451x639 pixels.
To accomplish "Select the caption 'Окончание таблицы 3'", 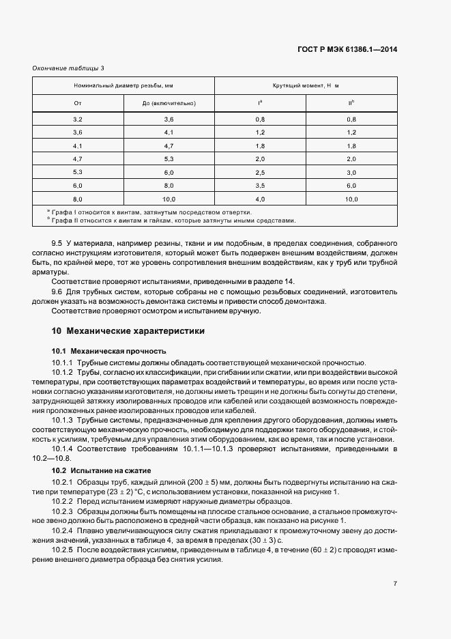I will [x=69, y=68].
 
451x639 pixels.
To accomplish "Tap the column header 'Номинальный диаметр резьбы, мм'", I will [x=123, y=86].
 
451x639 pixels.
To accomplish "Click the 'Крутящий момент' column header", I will [x=306, y=86].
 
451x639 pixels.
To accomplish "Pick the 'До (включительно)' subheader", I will [x=169, y=103].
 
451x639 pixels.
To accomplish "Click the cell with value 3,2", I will [x=78, y=119].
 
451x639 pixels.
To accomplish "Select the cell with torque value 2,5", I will [x=260, y=172].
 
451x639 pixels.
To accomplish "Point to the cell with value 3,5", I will [x=260, y=185].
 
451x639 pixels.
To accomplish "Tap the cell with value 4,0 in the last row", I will [x=260, y=199].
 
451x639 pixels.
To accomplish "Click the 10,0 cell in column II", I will [x=351, y=199].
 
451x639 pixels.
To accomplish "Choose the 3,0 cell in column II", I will [x=351, y=172].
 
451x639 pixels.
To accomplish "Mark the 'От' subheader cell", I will [x=78, y=103].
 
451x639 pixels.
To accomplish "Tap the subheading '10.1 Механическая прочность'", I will [x=104, y=350].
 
